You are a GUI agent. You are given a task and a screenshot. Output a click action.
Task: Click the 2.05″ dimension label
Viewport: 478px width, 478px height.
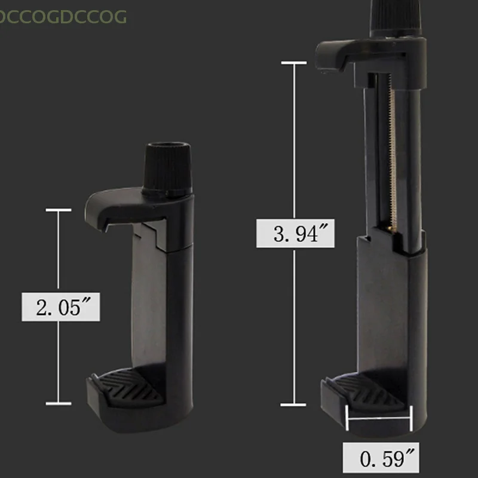tap(60, 308)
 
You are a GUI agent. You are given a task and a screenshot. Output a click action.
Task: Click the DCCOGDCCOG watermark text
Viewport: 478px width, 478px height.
tap(63, 17)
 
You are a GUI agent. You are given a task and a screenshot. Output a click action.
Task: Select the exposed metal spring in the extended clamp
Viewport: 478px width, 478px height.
tap(392, 155)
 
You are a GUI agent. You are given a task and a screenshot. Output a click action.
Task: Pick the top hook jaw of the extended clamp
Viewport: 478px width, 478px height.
tap(341, 54)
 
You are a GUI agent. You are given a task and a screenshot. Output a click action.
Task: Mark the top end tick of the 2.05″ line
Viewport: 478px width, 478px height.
tap(58, 210)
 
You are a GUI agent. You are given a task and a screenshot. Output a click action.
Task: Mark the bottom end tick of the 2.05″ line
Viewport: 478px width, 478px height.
tap(58, 403)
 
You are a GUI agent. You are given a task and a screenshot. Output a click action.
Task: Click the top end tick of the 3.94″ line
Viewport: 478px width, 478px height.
tap(294, 62)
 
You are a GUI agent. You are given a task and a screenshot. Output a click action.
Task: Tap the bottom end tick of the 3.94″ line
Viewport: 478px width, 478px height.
tap(294, 405)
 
